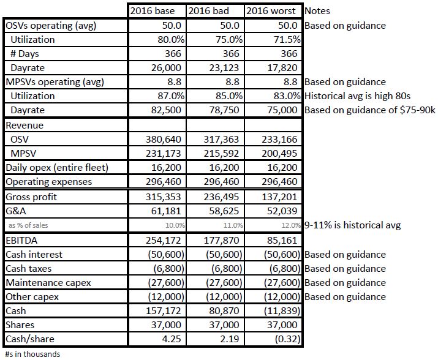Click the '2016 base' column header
(157, 11)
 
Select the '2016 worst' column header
(273, 11)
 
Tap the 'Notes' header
(317, 11)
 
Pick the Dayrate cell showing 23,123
(224, 67)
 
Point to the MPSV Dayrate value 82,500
(166, 110)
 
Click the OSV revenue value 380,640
(166, 139)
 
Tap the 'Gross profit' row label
(34, 197)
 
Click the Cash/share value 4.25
(172, 339)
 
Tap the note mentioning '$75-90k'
(367, 110)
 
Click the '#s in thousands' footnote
(32, 353)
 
